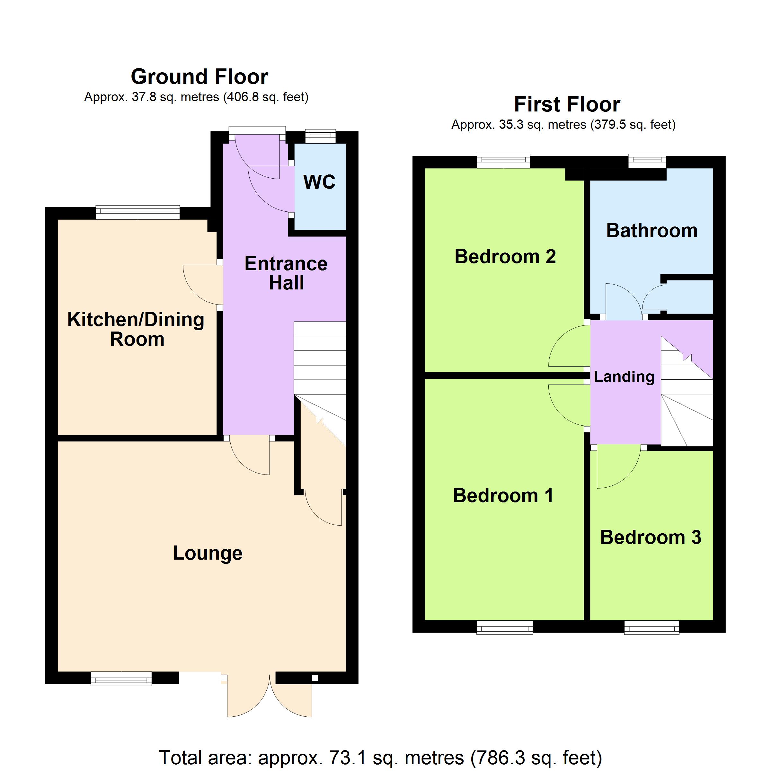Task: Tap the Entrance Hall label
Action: tap(286, 273)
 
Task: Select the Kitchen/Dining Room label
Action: tap(136, 329)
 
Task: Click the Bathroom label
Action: tap(652, 231)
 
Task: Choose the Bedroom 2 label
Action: tap(505, 256)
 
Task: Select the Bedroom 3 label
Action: tap(651, 537)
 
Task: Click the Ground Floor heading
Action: tap(199, 77)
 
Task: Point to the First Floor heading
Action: tap(567, 104)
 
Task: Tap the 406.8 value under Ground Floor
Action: tap(241, 97)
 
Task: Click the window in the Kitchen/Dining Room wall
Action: tap(138, 213)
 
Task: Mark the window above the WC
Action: tap(321, 137)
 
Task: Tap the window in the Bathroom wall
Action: tap(647, 161)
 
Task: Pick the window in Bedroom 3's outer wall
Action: tap(652, 627)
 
